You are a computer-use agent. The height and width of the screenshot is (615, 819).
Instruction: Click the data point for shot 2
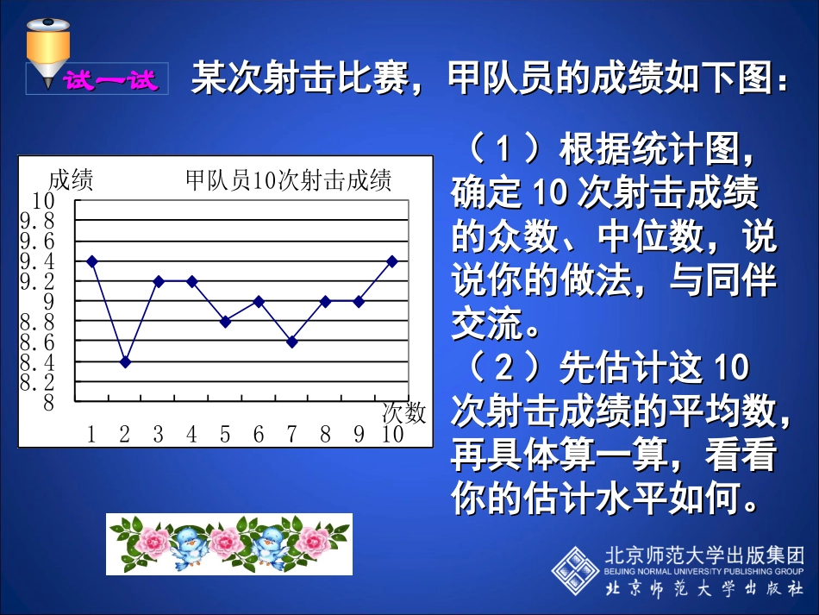tap(125, 362)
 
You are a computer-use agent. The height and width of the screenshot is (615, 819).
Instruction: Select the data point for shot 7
tap(292, 342)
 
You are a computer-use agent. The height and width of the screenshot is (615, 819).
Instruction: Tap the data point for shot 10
tap(392, 260)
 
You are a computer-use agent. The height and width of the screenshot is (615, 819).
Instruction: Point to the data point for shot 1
tap(92, 260)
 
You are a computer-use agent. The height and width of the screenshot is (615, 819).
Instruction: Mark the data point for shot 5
tap(225, 322)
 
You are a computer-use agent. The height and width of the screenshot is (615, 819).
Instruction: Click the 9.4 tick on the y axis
tap(37, 261)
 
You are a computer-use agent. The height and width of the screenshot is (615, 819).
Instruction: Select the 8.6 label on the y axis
tap(37, 342)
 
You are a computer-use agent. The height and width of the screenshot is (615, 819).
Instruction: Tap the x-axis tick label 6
tap(259, 435)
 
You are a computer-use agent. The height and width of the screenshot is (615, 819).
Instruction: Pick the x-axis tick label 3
tap(159, 435)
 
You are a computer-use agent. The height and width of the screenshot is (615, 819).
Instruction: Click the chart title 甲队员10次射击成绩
tap(289, 180)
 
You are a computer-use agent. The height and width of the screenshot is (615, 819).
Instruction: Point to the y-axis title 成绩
tap(71, 180)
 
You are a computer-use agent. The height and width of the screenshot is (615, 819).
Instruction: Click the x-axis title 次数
tap(403, 413)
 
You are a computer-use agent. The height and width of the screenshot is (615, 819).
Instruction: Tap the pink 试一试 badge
tap(110, 81)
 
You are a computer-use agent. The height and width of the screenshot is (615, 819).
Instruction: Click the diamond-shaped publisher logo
tap(575, 569)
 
